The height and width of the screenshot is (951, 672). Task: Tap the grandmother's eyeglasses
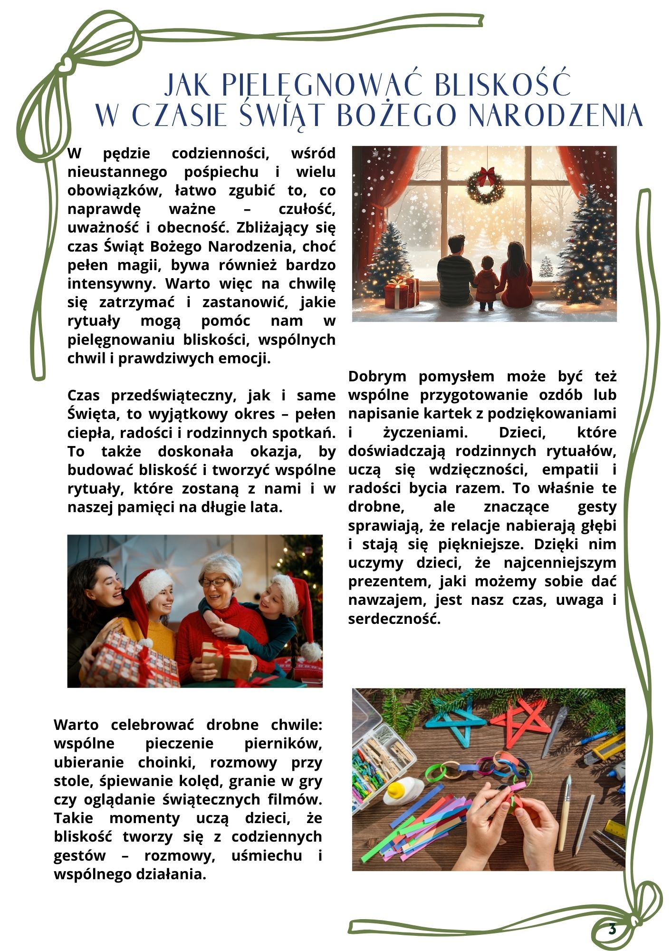coord(214,582)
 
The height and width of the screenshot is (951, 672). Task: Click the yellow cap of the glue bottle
coord(396,791)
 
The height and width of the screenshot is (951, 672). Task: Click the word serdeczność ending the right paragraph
coord(394,619)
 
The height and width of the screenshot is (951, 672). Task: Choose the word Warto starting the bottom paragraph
coord(76,725)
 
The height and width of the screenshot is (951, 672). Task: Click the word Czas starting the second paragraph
coord(84,396)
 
